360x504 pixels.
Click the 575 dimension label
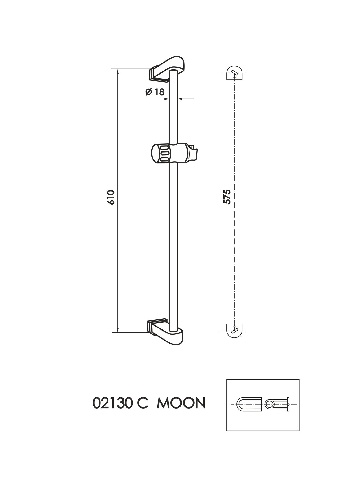(x=227, y=197)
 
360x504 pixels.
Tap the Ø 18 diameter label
(x=155, y=92)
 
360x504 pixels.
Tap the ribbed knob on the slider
(x=161, y=154)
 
